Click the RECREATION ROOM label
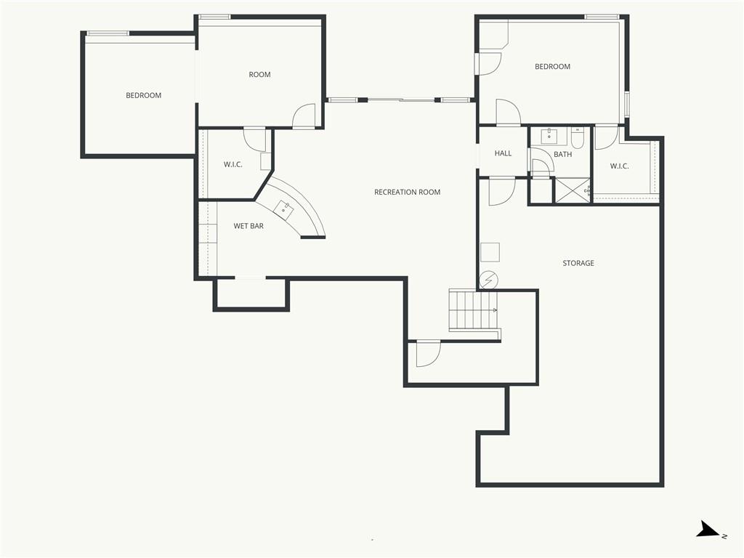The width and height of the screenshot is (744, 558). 407,192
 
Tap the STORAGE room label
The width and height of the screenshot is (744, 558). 578,263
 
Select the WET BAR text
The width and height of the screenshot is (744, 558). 248,226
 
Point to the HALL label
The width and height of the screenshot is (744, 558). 503,153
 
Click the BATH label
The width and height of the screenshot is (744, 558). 563,154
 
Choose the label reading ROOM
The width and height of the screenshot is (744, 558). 259,75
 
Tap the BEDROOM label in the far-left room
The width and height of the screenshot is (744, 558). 143,95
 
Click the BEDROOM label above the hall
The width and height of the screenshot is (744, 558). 552,66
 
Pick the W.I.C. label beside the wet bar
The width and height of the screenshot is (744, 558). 233,165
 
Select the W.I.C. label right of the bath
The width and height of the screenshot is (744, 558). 619,166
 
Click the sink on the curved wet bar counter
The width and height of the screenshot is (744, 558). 284,210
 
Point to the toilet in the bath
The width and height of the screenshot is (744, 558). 578,137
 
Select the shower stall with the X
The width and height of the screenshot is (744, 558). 573,191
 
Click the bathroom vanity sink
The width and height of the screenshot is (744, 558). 549,136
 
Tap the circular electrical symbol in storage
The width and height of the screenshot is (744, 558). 488,280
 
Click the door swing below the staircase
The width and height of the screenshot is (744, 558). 429,354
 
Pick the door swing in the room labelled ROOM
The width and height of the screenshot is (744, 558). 304,116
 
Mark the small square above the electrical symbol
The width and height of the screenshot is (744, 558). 490,252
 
